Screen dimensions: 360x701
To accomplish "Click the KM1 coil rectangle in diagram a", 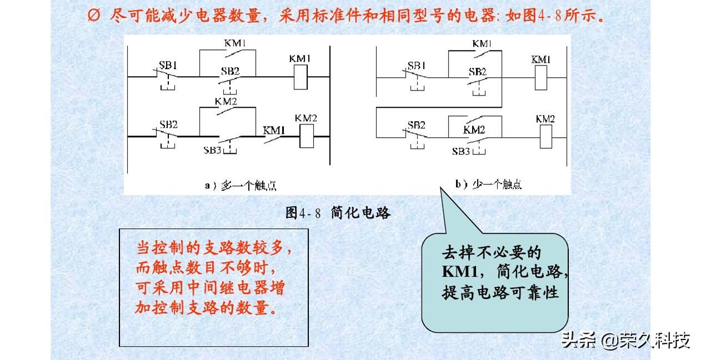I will click(300, 77).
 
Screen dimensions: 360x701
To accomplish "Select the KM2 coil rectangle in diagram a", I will click(307, 137).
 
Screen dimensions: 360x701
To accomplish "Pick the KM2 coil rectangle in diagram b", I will click(545, 137).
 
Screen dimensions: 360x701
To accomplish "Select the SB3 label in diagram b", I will click(461, 151).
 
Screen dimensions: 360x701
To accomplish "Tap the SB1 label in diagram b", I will click(416, 66).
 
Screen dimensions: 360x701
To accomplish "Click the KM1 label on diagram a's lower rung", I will click(274, 131).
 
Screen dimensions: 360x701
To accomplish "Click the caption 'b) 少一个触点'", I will click(489, 184).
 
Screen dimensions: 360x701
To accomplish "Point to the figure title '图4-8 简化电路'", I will click(338, 213).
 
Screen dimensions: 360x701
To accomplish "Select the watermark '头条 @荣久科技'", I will click(625, 339).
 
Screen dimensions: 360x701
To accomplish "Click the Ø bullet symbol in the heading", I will click(94, 14).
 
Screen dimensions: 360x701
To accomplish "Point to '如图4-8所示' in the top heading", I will click(562, 14).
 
